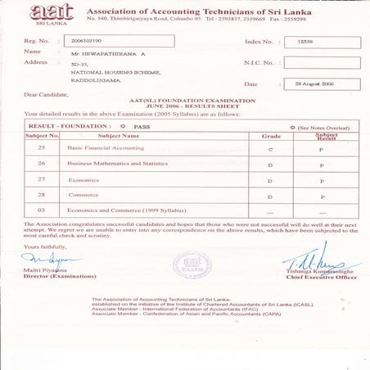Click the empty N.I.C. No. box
tap(321, 62)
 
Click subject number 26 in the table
tap(40, 164)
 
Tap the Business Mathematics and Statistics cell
tap(117, 164)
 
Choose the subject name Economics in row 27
tap(83, 179)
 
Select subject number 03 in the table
tap(40, 211)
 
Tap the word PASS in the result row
tap(143, 127)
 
